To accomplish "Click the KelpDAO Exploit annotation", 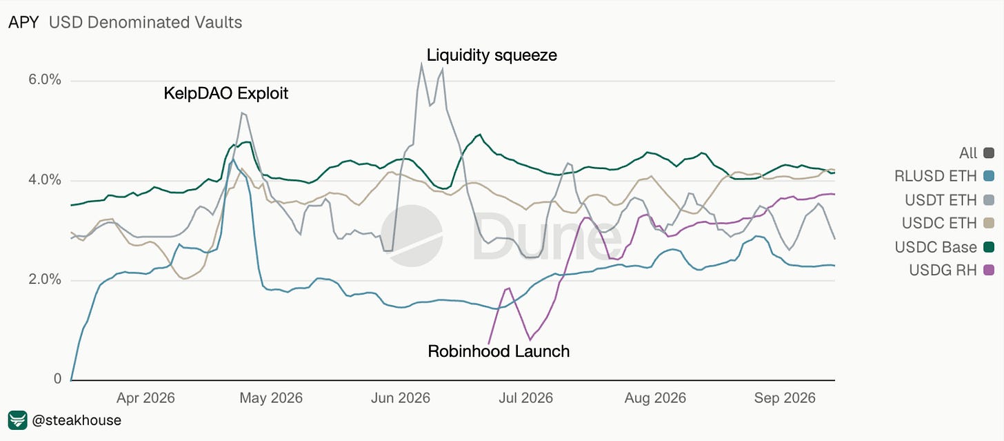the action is point(226,93).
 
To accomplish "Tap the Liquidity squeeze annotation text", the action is point(492,55).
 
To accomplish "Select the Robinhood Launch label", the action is point(499,351).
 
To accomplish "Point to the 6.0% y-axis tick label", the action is point(45,79).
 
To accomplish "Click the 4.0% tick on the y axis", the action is point(45,180).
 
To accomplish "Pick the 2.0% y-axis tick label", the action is point(45,280).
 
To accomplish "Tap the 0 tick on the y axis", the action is point(57,379).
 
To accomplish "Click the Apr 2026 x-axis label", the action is point(145,398).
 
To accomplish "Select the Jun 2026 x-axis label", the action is point(400,398).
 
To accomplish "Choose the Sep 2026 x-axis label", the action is point(785,398).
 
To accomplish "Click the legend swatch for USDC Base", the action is point(988,247).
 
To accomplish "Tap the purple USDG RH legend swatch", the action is point(988,270).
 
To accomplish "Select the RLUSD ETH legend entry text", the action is point(936,176).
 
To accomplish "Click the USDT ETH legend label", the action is point(941,200).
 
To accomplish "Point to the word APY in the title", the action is point(23,23).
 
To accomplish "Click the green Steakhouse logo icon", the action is point(17,420).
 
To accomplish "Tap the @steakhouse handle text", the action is point(77,420).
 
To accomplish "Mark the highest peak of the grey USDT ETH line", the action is point(421,63).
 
